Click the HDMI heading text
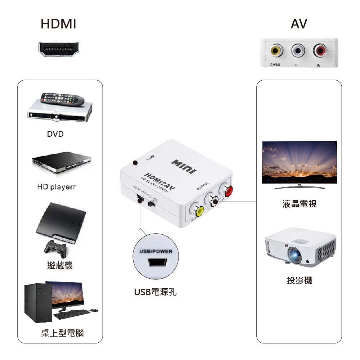tap(58, 24)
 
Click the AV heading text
tap(299, 24)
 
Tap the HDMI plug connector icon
tap(59, 49)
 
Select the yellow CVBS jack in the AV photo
tap(276, 51)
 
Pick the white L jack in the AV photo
tap(298, 51)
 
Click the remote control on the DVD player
tap(62, 98)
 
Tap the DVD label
tap(55, 134)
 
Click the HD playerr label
tap(57, 187)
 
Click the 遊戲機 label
tap(60, 266)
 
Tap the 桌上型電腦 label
tap(62, 333)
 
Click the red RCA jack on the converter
tap(227, 190)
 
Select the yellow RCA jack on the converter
tap(197, 210)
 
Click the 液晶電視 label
tap(299, 204)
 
